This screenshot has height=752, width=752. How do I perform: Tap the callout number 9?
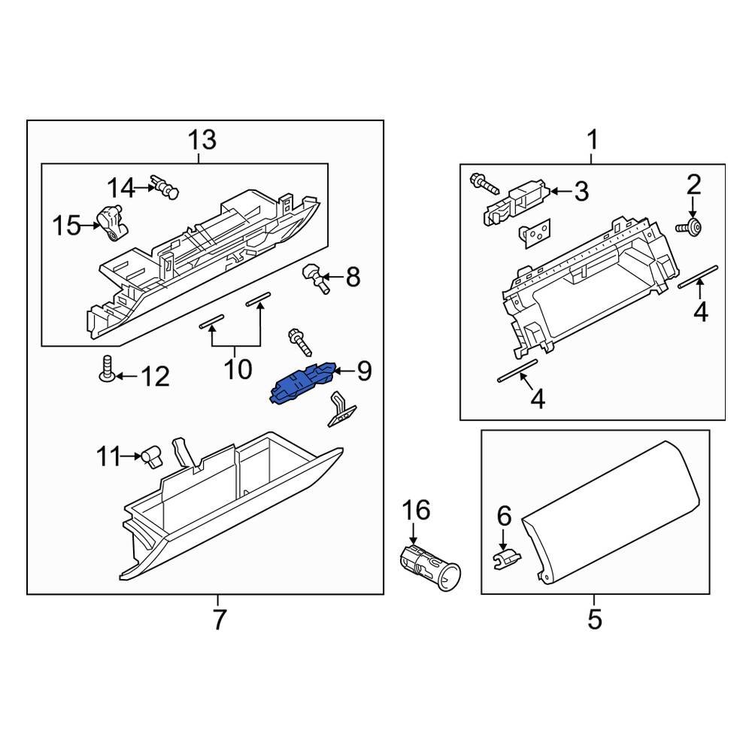point(364,371)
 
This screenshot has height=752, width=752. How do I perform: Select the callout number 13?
point(202,140)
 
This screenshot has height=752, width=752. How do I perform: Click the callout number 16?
point(416,511)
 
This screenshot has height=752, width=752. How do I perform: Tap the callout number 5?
point(594,620)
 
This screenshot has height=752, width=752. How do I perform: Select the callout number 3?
point(581,192)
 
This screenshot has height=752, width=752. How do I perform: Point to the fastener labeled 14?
point(164,185)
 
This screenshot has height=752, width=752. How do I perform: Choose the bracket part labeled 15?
point(114,223)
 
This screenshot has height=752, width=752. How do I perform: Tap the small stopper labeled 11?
point(153,456)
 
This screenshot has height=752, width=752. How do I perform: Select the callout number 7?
point(218,620)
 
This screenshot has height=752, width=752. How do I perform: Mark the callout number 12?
point(156,376)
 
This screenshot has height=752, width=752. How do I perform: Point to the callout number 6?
point(504,516)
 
